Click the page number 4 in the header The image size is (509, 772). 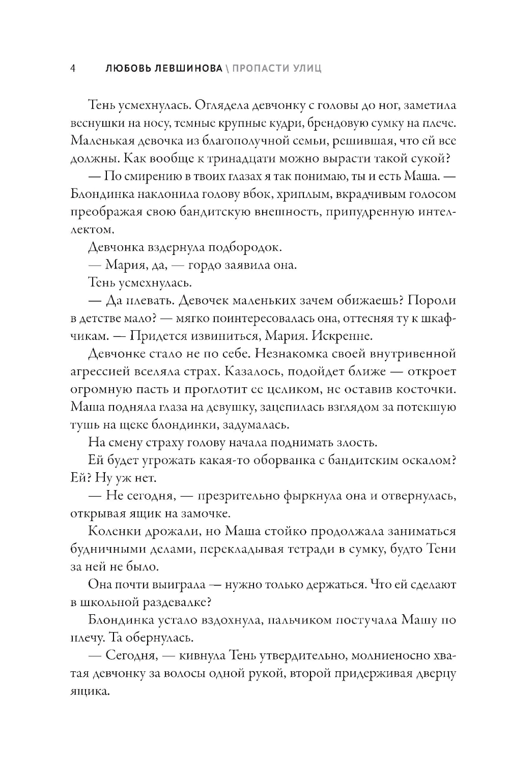click(x=73, y=68)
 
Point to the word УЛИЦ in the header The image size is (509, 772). click(x=306, y=68)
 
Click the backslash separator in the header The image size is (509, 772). click(x=226, y=68)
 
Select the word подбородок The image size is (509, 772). click(x=245, y=248)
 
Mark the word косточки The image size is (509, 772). click(x=428, y=389)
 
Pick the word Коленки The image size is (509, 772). click(x=112, y=531)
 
